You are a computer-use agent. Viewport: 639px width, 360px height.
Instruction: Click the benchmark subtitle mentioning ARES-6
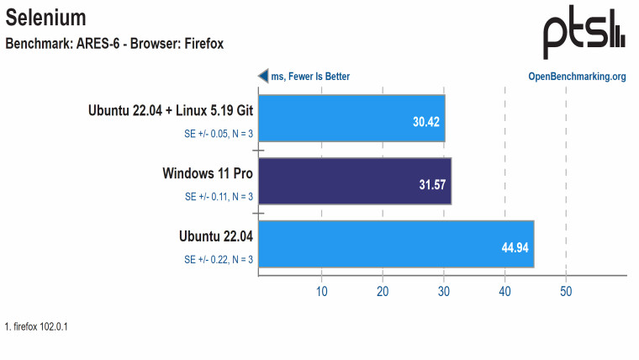[114, 43]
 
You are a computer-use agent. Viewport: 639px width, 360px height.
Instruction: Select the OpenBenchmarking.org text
[577, 77]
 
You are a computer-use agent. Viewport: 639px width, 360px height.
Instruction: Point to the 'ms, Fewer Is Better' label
[310, 77]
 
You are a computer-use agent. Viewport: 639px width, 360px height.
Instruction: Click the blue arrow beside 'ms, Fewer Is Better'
[262, 77]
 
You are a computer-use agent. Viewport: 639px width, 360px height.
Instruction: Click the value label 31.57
[432, 184]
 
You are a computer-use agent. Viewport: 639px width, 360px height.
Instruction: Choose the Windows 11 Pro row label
[208, 173]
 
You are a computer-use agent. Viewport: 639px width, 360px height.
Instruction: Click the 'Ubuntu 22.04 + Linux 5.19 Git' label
[171, 110]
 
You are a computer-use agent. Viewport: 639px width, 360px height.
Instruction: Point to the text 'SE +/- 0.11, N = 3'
[219, 197]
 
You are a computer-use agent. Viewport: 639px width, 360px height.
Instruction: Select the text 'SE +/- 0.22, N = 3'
[219, 259]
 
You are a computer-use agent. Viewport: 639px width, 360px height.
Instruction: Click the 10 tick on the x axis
[321, 291]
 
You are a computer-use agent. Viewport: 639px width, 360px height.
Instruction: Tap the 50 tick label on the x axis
[566, 291]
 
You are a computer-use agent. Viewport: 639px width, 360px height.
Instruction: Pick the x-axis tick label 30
[444, 291]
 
